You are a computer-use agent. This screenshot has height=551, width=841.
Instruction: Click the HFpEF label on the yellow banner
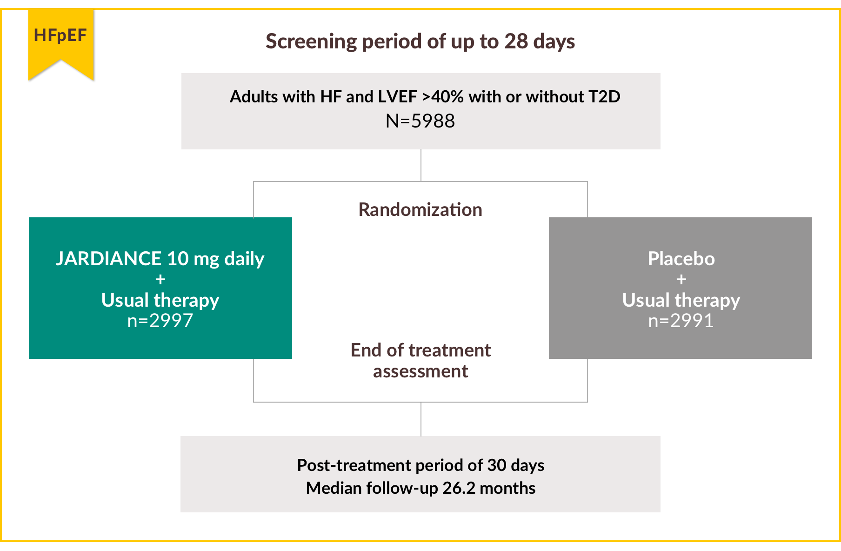[x=60, y=35]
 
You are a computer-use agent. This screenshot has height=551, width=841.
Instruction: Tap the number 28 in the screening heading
[x=516, y=41]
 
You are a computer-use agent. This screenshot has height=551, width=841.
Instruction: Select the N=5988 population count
[x=420, y=121]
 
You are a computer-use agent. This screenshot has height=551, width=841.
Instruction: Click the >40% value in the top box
[x=443, y=97]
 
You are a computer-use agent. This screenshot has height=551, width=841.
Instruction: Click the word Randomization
[x=420, y=210]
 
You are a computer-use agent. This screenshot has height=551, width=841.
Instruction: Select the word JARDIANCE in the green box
[x=108, y=259]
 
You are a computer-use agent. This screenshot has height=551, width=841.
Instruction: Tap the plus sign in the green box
[x=160, y=279]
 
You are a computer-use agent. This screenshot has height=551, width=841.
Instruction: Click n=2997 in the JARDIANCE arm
[x=160, y=321]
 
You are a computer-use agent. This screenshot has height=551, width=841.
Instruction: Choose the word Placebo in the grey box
[x=681, y=259]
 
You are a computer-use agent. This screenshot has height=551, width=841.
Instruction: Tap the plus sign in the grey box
[x=681, y=279]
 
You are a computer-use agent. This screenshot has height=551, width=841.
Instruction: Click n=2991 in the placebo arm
[x=681, y=321]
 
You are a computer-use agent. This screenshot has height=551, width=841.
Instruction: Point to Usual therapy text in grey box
[x=681, y=300]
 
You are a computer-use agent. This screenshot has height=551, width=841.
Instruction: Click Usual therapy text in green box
[x=160, y=300]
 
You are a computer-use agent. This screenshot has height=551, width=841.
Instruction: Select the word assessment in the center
[x=420, y=372]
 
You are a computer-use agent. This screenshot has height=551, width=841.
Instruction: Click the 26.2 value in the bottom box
[x=459, y=488]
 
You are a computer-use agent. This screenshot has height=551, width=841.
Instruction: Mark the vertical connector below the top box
[x=421, y=165]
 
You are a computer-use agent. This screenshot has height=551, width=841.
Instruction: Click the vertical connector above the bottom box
[x=421, y=419]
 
